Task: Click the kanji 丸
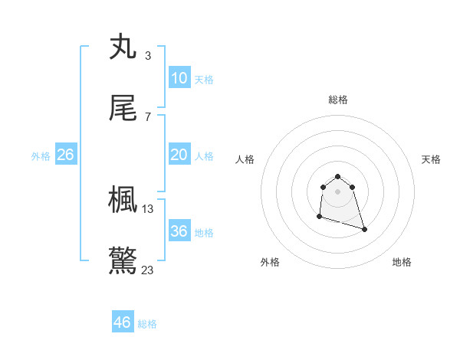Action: [123, 47]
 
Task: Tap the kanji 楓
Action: [123, 200]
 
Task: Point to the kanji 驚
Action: [123, 261]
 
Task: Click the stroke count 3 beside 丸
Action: [147, 55]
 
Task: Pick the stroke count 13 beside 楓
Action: [148, 208]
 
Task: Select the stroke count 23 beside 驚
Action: [148, 270]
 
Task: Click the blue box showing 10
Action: [179, 78]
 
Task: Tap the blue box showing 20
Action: [179, 155]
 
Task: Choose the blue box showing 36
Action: [179, 231]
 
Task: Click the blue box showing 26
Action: [66, 155]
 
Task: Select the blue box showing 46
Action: [123, 322]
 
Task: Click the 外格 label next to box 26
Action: [41, 155]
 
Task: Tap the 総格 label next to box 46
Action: [148, 324]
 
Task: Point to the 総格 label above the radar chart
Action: [338, 100]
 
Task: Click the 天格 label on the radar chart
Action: [432, 159]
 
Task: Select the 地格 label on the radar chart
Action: [402, 262]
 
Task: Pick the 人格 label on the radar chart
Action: [245, 159]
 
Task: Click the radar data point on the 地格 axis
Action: [364, 229]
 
